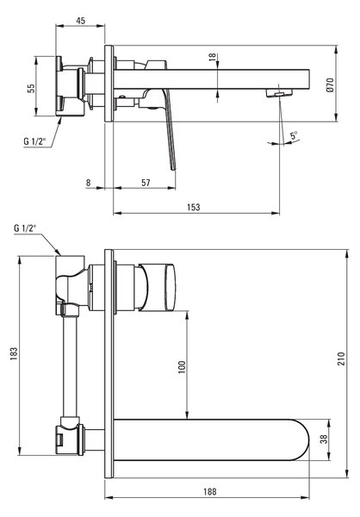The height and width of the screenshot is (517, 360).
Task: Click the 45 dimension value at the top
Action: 80,21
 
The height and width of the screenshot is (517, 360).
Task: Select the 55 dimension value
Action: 31,88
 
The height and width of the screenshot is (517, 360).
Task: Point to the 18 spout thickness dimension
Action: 213,56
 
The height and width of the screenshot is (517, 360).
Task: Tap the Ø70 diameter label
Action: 330,84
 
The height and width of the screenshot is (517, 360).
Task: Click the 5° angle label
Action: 294,135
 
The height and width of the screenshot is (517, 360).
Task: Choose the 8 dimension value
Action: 88,183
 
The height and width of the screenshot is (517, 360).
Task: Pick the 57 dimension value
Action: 146,183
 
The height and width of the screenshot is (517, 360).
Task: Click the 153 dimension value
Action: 194,207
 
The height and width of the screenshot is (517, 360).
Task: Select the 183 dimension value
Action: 14,353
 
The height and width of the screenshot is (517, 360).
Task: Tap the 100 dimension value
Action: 182,367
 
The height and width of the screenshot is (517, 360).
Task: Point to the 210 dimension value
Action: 341,358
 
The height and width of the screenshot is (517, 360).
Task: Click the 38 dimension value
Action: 324,439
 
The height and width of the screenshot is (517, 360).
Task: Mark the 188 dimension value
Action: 209,492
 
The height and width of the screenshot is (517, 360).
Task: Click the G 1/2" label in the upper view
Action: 34,141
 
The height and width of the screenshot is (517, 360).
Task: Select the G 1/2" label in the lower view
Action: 25,228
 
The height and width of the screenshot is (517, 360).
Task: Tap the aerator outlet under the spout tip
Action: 280,94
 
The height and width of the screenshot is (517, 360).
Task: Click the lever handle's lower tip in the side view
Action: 173,170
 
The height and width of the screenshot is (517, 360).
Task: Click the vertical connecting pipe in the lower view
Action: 70,366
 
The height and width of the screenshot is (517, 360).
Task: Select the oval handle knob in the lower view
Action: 170,287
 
